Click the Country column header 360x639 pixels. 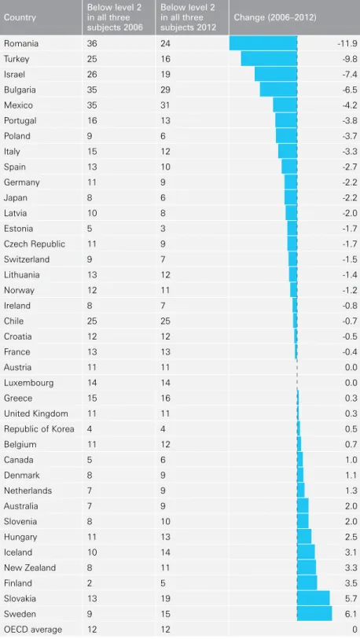pos(20,17)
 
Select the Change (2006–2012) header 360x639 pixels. pos(275,17)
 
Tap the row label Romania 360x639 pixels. pos(20,43)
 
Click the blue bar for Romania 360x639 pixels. pos(263,43)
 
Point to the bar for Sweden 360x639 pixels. pos(314,613)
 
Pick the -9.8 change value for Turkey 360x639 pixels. pos(350,59)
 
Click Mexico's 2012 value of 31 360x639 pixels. pos(165,105)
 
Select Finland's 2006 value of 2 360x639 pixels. pos(90,583)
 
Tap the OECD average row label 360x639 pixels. pos(33,630)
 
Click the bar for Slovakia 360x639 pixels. pos(314,598)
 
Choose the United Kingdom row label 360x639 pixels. pos(36,413)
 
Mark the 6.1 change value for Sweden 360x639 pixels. pos(351,614)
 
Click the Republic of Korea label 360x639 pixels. pos(39,429)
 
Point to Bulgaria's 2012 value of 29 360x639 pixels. pos(165,90)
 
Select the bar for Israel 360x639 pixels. pos(276,74)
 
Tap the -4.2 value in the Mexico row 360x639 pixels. pos(350,105)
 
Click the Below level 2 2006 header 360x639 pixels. pos(114,17)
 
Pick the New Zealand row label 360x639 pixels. pos(30,567)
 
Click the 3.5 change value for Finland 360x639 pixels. pos(351,583)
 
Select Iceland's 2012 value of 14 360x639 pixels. pos(165,553)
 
